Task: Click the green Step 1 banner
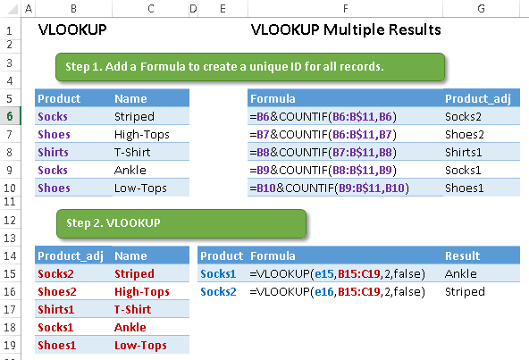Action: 250,67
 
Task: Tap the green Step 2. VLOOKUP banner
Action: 181,223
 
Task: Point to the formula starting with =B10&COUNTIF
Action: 329,188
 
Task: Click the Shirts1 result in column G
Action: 463,152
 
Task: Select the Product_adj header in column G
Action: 478,98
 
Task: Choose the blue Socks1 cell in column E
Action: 218,273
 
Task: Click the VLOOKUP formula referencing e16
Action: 338,291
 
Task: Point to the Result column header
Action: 462,255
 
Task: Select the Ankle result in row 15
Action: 461,273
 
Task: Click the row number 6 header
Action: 10,116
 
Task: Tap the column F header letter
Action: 346,8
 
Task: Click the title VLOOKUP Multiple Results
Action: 346,29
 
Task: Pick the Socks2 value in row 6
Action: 463,116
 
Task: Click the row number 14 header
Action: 10,255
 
